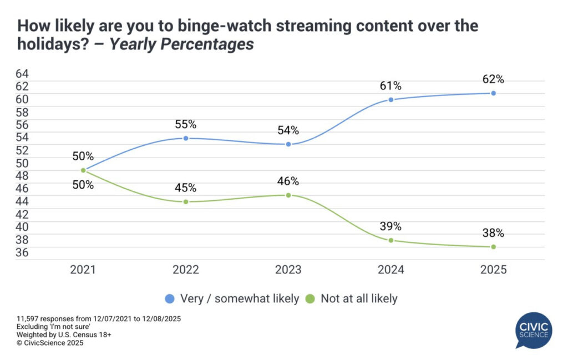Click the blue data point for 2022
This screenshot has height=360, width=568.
pos(186,138)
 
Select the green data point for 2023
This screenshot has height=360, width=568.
pos(288,195)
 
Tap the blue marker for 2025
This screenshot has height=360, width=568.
pos(493,93)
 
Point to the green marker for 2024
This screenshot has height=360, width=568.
pos(391,240)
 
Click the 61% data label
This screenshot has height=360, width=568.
pos(391,86)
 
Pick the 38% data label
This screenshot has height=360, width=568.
pos(493,233)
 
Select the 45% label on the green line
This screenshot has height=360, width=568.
pos(186,188)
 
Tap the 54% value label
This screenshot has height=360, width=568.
pos(288,130)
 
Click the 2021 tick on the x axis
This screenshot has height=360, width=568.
pos(83,270)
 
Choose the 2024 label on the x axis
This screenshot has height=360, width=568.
pos(391,270)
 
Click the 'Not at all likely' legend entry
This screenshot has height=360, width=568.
pos(352,298)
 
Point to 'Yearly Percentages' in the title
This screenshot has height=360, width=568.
pos(182,44)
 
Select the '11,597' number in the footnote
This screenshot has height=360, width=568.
pos(29,320)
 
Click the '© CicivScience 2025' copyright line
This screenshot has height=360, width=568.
pos(50,343)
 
